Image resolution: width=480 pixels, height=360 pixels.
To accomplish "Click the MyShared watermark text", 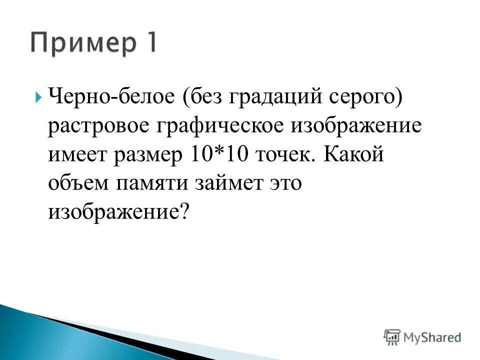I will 433,337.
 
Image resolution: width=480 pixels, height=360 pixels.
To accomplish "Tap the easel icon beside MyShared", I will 392,337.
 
